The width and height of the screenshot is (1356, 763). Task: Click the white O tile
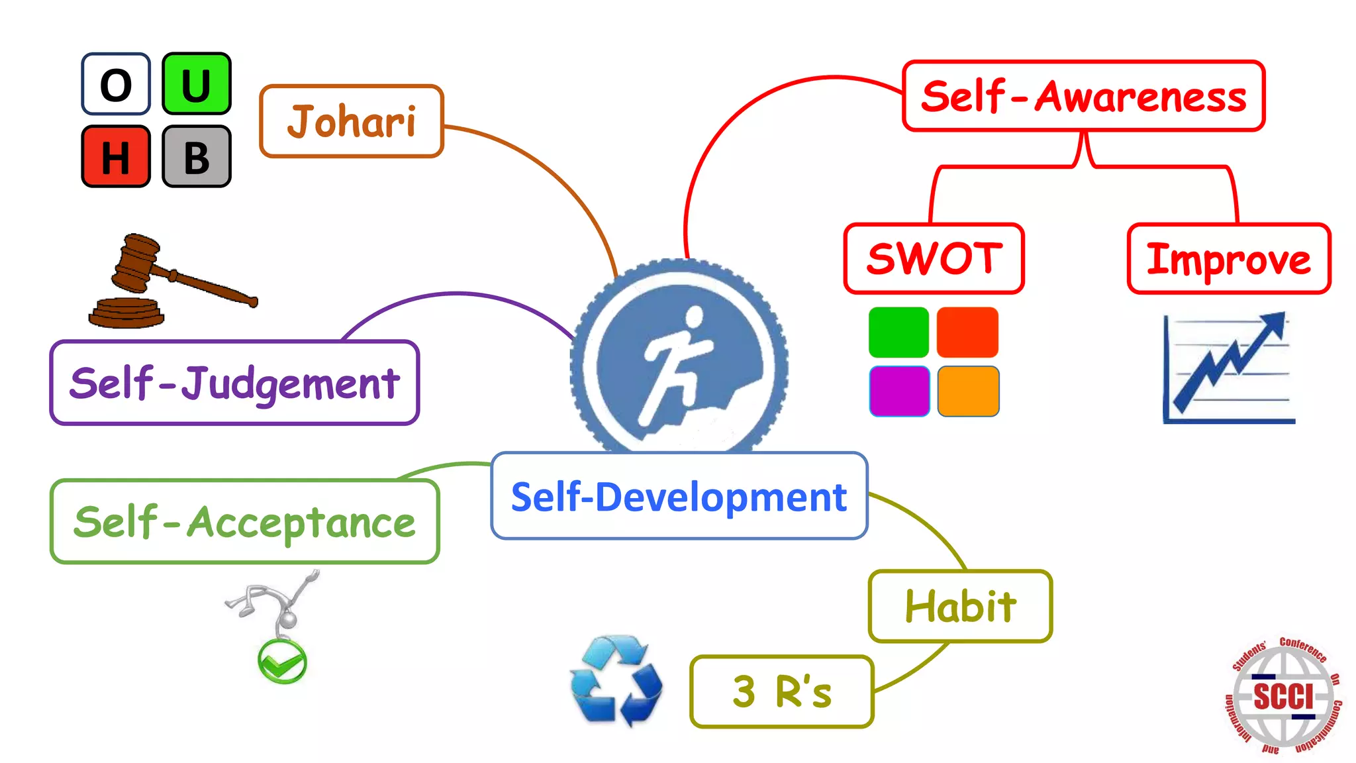[116, 84]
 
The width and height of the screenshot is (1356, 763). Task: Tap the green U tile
[197, 84]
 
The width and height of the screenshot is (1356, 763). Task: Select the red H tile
[116, 156]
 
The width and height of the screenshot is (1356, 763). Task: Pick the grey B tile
[197, 156]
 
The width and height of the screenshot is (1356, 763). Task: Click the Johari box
[352, 121]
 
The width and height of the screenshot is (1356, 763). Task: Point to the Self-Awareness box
[1083, 96]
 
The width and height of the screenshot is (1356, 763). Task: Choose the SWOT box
[934, 258]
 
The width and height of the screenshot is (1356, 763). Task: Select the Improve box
[1229, 259]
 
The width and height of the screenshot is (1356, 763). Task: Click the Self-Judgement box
[234, 383]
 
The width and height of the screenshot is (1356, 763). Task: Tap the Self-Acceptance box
[244, 522]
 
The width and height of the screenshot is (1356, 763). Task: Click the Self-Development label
[679, 496]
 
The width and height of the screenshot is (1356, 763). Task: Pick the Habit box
[960, 606]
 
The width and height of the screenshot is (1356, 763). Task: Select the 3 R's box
[781, 691]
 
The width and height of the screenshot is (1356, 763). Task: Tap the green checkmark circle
[282, 662]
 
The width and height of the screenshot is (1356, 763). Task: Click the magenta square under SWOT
[899, 391]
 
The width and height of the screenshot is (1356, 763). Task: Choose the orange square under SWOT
[968, 391]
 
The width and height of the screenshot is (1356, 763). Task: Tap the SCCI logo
[1283, 696]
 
